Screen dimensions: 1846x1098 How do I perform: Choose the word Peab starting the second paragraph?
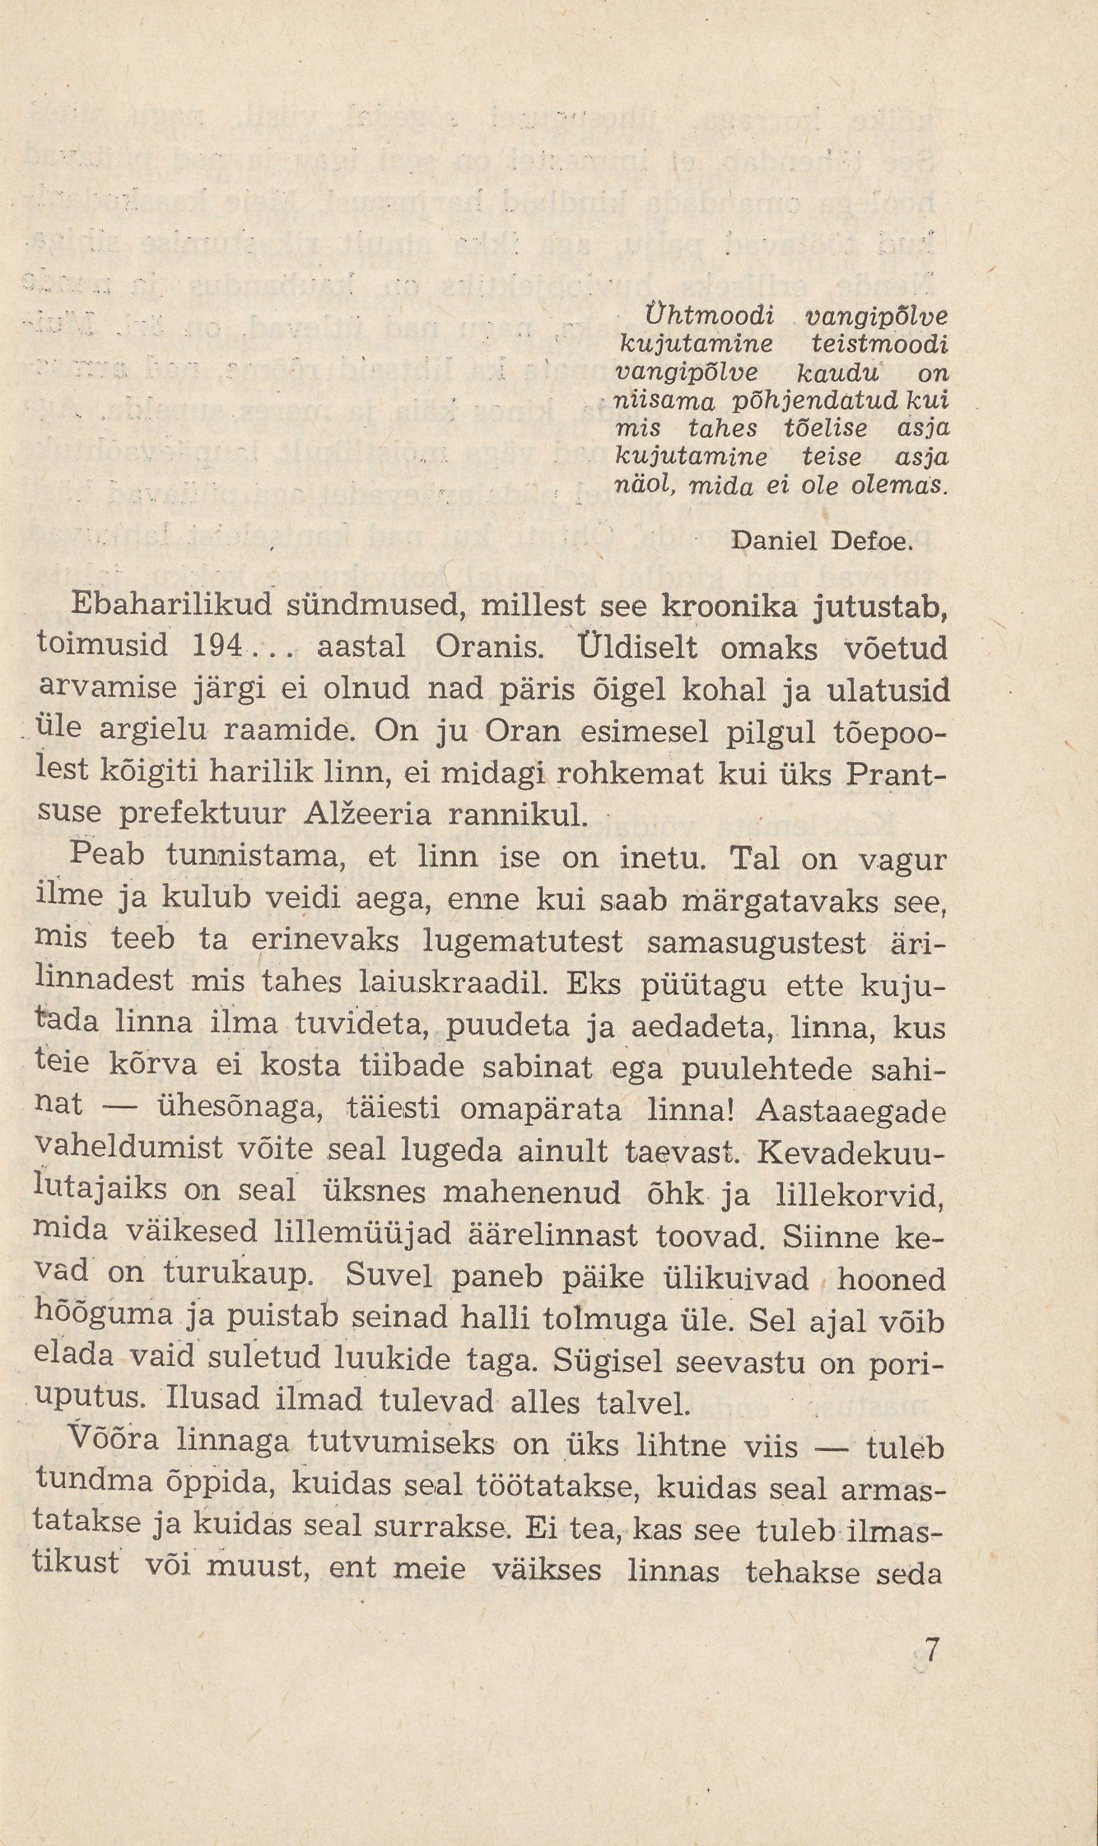click(106, 856)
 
